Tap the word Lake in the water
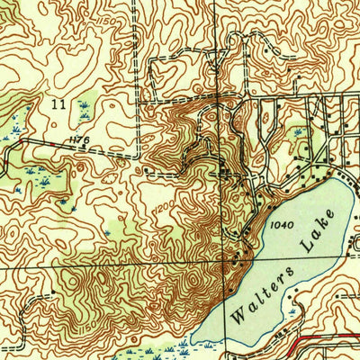click(320, 228)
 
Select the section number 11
click(58, 105)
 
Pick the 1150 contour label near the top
click(109, 44)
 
